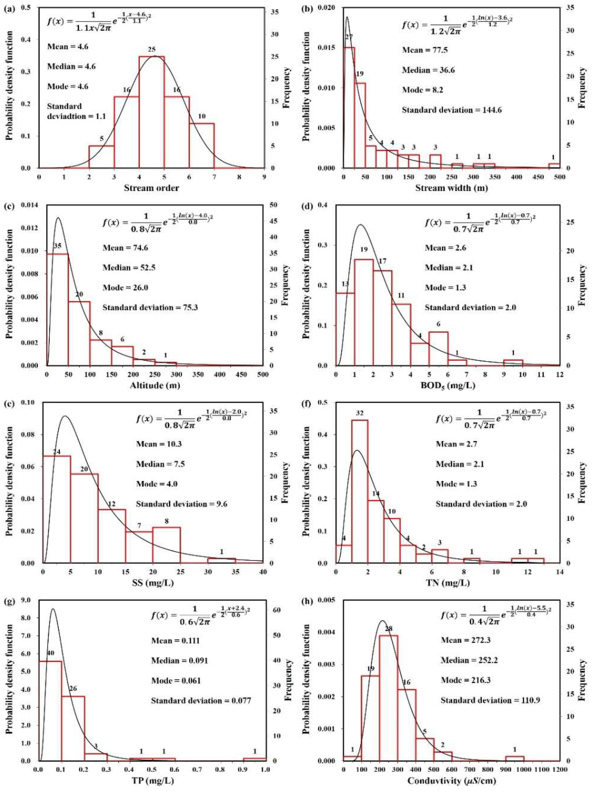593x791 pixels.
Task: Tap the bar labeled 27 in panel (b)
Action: click(x=349, y=107)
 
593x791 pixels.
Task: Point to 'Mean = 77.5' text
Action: click(x=425, y=50)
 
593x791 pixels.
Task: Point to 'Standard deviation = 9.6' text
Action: click(x=182, y=504)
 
